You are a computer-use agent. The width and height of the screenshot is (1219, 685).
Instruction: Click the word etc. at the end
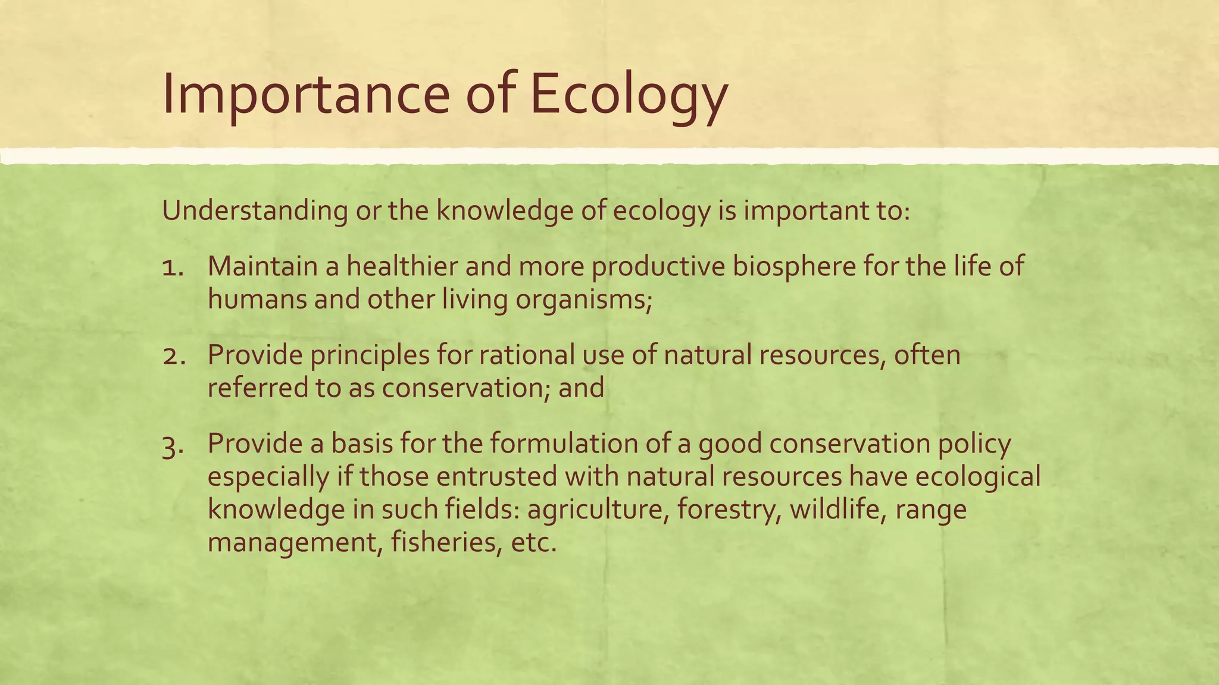533,543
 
